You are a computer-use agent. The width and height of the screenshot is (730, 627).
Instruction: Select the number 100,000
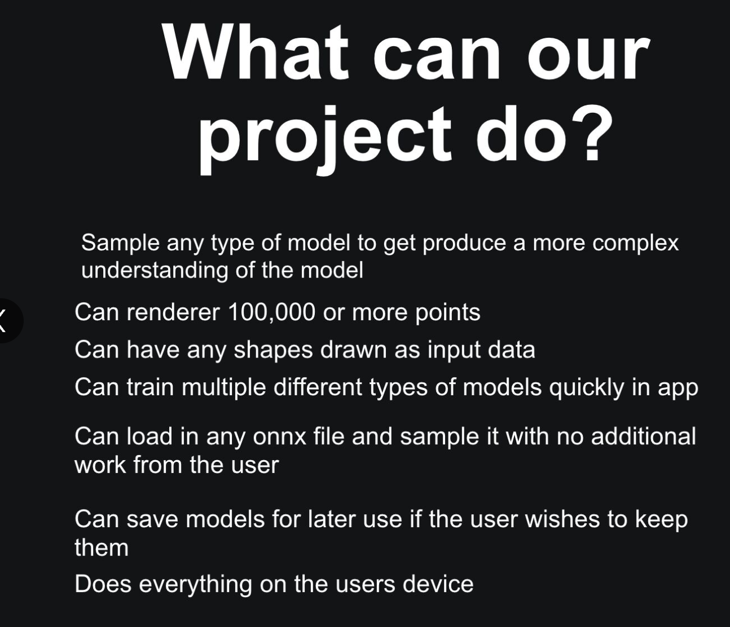point(270,312)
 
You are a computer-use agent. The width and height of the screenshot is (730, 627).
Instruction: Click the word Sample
point(120,243)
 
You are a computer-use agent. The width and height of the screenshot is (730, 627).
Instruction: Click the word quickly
point(587,387)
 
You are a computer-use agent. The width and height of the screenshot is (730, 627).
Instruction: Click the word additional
point(643,436)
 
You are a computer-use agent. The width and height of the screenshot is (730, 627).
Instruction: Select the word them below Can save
point(102,547)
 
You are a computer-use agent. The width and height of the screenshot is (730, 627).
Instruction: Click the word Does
point(103,584)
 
